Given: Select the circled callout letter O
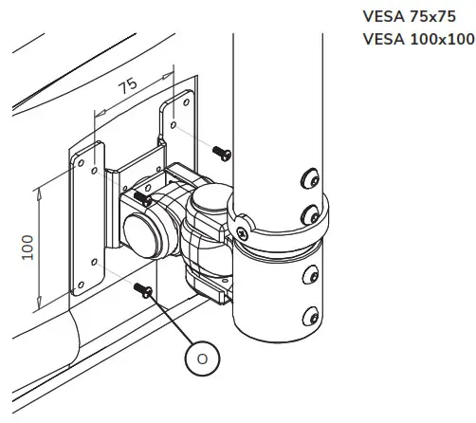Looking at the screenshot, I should pyautogui.click(x=200, y=359).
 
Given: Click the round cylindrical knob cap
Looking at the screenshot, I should pyautogui.click(x=142, y=234).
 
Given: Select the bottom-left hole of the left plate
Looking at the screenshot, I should pyautogui.click(x=93, y=263).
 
